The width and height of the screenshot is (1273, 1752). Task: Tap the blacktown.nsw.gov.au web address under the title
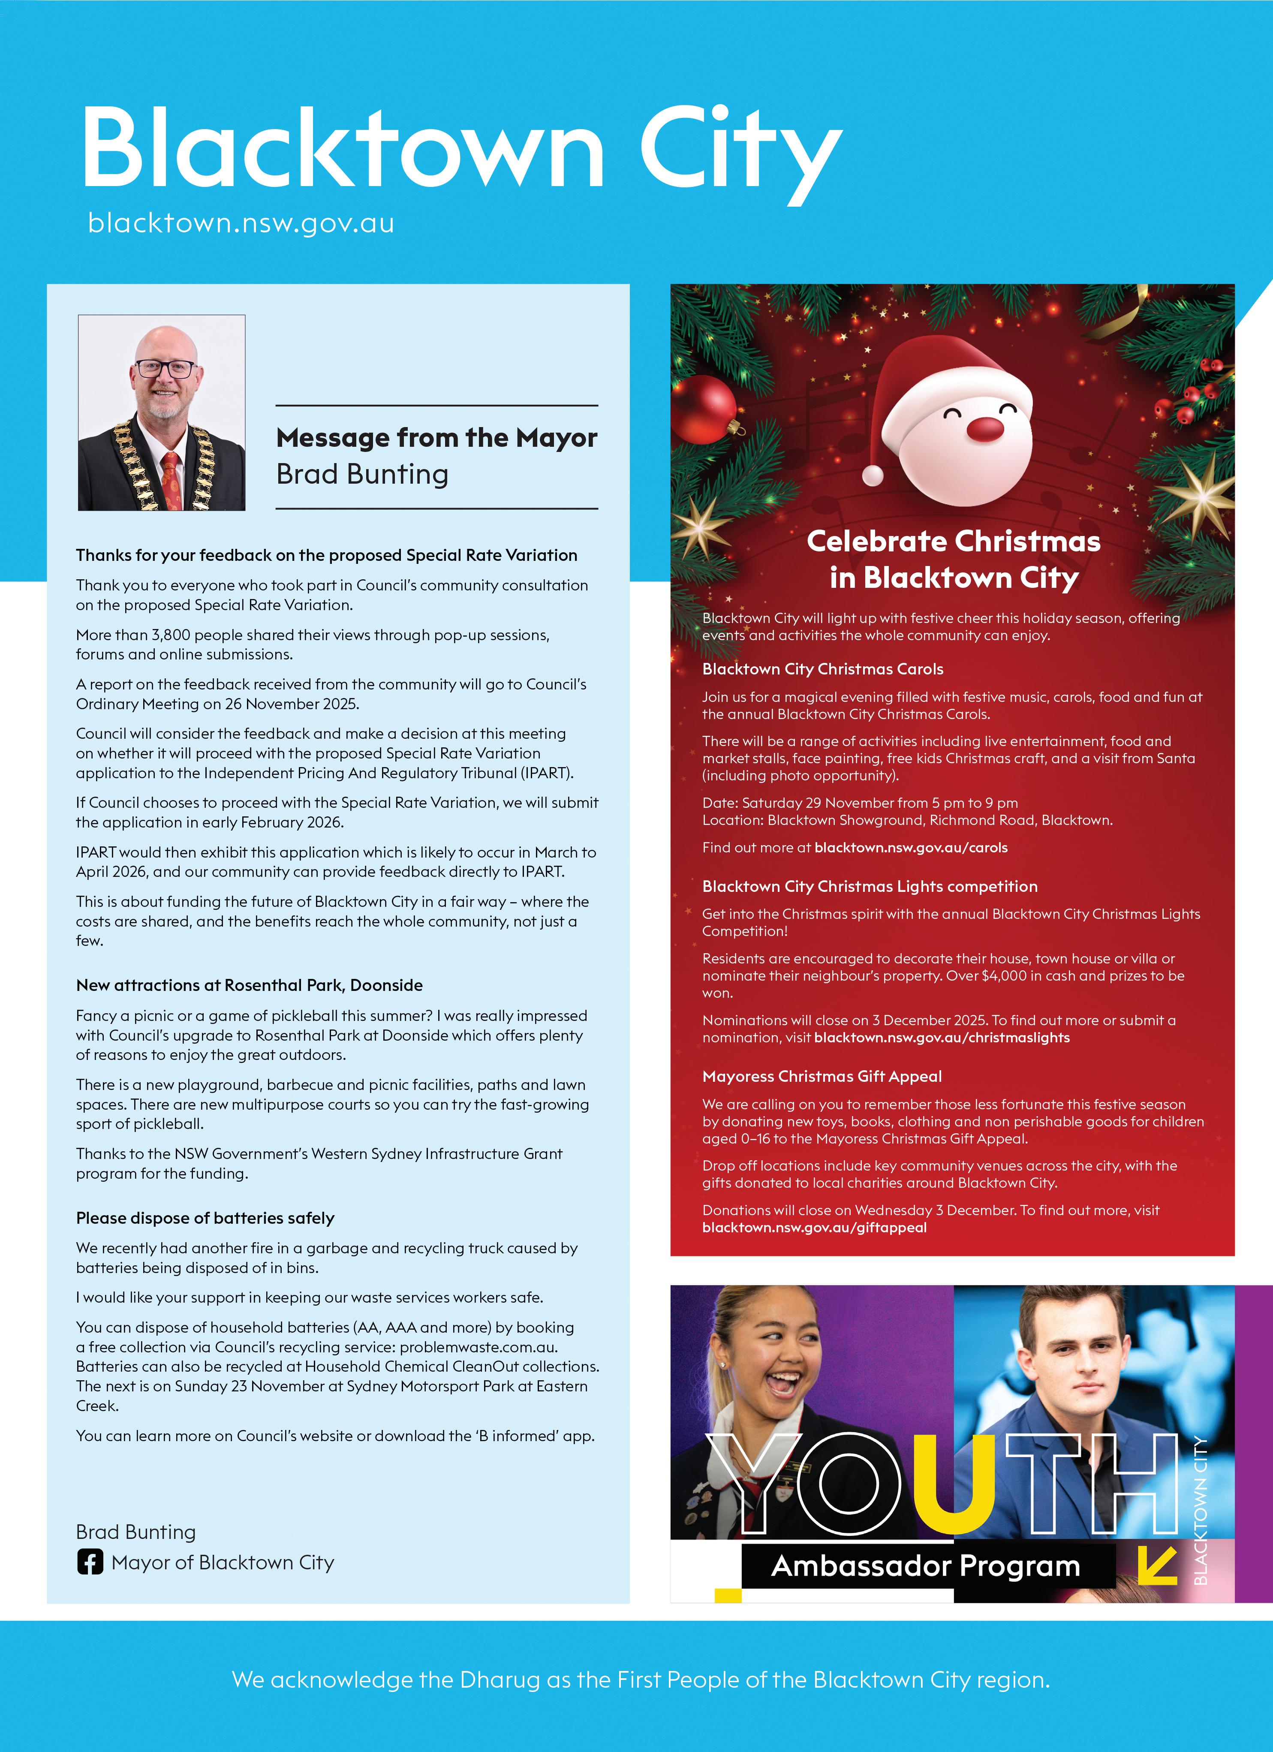pyautogui.click(x=241, y=223)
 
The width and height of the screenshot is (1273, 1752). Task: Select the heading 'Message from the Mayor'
pyautogui.click(x=436, y=438)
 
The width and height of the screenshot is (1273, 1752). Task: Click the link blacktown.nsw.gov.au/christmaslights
pyautogui.click(x=942, y=1038)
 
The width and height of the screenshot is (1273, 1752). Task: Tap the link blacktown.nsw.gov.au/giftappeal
pyautogui.click(x=814, y=1228)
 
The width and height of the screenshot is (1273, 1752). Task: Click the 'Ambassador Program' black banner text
pyautogui.click(x=925, y=1566)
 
